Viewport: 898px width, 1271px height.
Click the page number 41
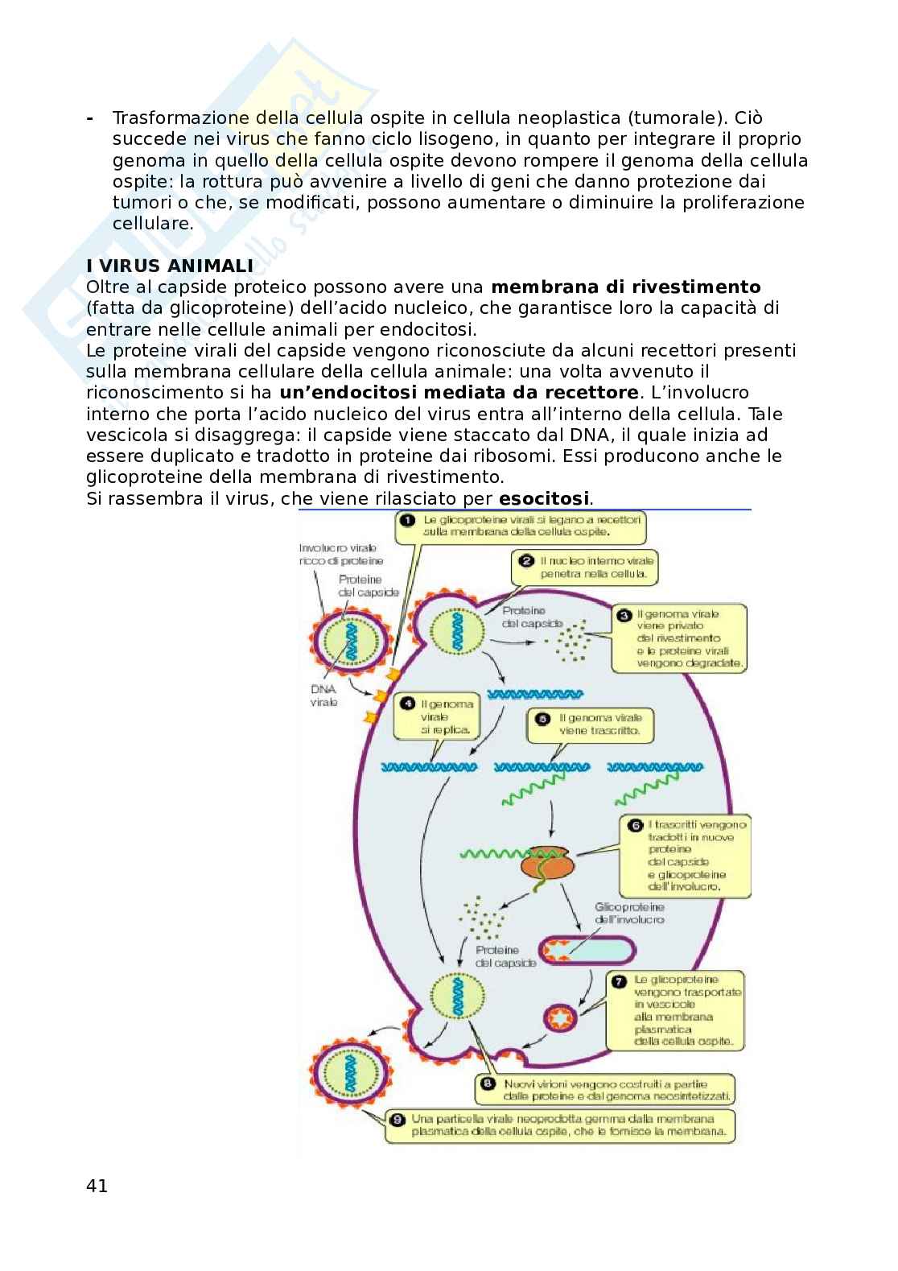[97, 1186]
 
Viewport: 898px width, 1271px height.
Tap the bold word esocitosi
[544, 498]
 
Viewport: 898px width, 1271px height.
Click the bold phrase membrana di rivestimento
[625, 287]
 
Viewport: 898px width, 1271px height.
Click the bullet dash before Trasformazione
[89, 118]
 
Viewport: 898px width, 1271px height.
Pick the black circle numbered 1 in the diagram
[408, 520]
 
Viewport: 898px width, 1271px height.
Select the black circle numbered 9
[397, 1119]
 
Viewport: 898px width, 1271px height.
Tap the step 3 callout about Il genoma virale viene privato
[679, 638]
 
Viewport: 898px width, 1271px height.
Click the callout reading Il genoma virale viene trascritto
[591, 724]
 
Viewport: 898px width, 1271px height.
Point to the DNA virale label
[323, 695]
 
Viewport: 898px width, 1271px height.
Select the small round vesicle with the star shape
[561, 1019]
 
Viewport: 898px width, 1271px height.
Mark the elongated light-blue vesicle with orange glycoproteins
[586, 950]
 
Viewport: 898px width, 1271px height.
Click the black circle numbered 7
[619, 981]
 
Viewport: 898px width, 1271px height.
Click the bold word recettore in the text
[591, 393]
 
